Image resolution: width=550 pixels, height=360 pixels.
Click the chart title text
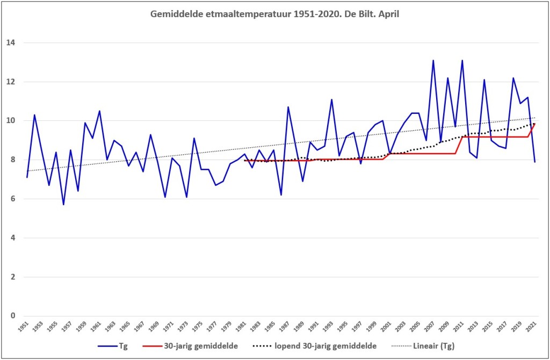pyautogui.click(x=274, y=15)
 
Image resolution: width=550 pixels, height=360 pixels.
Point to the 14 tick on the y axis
pyautogui.click(x=11, y=43)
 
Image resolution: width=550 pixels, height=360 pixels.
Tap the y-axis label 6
pyautogui.click(x=13, y=199)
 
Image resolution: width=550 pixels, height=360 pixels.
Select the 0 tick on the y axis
pyautogui.click(x=13, y=316)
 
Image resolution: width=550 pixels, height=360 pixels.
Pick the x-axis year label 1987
pyautogui.click(x=283, y=326)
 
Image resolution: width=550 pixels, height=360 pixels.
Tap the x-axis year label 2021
pyautogui.click(x=530, y=326)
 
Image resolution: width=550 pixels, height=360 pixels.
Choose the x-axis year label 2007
pyautogui.click(x=428, y=326)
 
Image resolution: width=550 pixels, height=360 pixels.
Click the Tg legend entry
pyautogui.click(x=113, y=346)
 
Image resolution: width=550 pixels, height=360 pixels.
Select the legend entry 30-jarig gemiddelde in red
pyautogui.click(x=190, y=346)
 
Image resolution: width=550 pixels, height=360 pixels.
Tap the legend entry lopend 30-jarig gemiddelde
pyautogui.click(x=315, y=346)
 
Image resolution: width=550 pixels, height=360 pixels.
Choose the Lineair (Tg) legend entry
pyautogui.click(x=423, y=346)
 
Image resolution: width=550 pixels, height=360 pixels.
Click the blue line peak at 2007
pyautogui.click(x=433, y=60)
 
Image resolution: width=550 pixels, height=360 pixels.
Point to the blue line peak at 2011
pyautogui.click(x=462, y=60)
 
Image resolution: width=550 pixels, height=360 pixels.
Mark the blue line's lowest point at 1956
pyautogui.click(x=63, y=205)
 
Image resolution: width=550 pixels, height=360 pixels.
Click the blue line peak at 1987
pyautogui.click(x=288, y=107)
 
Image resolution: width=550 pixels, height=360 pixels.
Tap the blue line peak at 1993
pyautogui.click(x=331, y=99)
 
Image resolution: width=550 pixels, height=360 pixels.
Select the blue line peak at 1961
pyautogui.click(x=99, y=111)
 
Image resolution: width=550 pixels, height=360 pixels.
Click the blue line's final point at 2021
pyautogui.click(x=534, y=162)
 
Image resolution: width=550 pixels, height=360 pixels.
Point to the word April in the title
pyautogui.click(x=389, y=15)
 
